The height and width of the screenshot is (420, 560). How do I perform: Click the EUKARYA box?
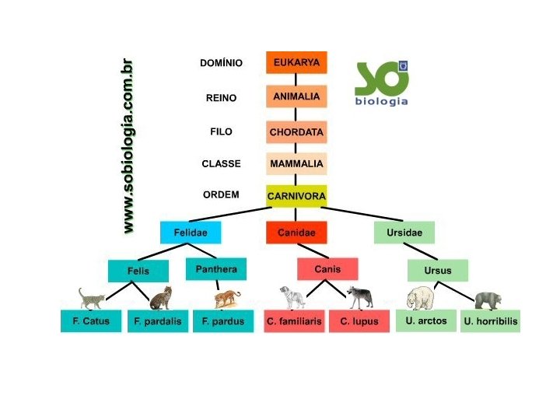tap(296, 62)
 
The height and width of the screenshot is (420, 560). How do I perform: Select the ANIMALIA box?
tap(296, 96)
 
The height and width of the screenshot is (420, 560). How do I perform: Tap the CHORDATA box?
tap(296, 132)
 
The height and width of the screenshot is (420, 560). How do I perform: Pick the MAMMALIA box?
tap(296, 164)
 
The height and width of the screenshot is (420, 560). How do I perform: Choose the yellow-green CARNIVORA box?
tap(296, 196)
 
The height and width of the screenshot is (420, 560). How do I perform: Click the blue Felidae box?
tap(190, 233)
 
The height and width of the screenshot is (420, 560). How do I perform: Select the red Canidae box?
tap(296, 233)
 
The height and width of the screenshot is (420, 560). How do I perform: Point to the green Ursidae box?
tap(404, 233)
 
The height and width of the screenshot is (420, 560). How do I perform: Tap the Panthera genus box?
tap(216, 270)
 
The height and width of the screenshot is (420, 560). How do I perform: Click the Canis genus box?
tap(327, 269)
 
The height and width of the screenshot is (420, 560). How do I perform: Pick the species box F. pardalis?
tap(157, 321)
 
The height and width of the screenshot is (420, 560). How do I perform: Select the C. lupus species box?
tap(359, 321)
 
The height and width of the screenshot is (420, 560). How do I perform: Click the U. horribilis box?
tap(490, 321)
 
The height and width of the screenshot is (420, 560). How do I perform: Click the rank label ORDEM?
tap(221, 195)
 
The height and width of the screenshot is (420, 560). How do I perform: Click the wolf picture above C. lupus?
tap(360, 296)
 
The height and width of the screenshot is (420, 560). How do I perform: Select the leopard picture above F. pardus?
tap(227, 298)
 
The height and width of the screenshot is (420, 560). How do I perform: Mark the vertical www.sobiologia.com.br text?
tap(128, 146)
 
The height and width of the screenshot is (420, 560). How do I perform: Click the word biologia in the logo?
tap(381, 101)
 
